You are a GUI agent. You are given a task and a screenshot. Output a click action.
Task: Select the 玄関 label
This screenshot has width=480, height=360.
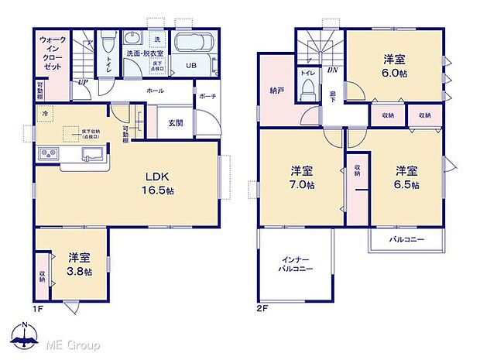[175, 122]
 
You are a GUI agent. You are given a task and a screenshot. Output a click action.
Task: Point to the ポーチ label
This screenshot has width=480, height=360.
[207, 98]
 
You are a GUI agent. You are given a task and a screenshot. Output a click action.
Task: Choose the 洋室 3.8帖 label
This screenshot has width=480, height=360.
[79, 265]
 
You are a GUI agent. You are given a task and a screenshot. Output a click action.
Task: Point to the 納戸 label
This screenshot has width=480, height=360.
[277, 89]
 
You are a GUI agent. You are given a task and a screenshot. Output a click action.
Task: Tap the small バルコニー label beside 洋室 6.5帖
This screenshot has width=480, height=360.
[406, 239]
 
